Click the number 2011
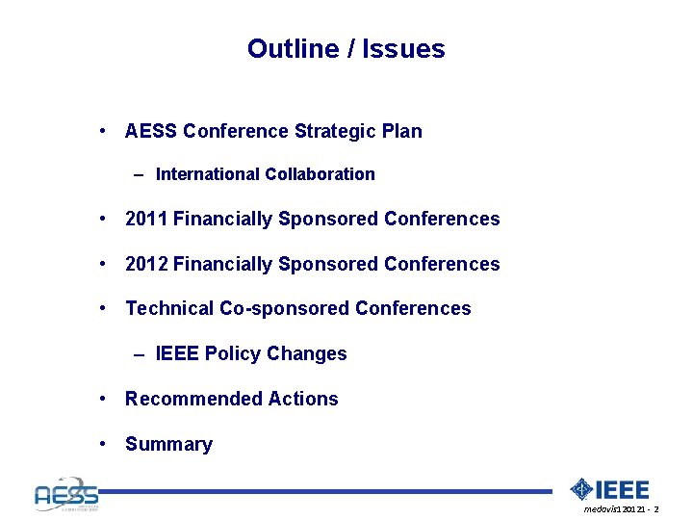[146, 219]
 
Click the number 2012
[147, 264]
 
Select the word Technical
[169, 308]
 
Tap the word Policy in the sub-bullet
[233, 353]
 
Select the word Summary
[168, 444]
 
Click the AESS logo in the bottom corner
[65, 494]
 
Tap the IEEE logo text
[623, 489]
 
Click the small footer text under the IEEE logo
[621, 508]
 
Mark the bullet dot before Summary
[102, 444]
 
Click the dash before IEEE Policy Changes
[140, 354]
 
